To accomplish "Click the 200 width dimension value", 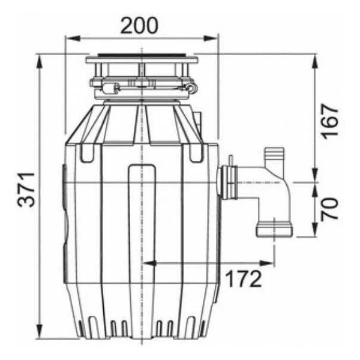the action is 139,25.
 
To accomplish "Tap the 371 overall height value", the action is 26,190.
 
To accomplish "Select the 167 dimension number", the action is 330,121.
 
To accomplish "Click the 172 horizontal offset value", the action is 244,278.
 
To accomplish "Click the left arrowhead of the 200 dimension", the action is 73,38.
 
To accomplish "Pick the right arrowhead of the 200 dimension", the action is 211,38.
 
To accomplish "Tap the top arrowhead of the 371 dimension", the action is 40,62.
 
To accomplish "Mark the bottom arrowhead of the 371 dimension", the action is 40,331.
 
